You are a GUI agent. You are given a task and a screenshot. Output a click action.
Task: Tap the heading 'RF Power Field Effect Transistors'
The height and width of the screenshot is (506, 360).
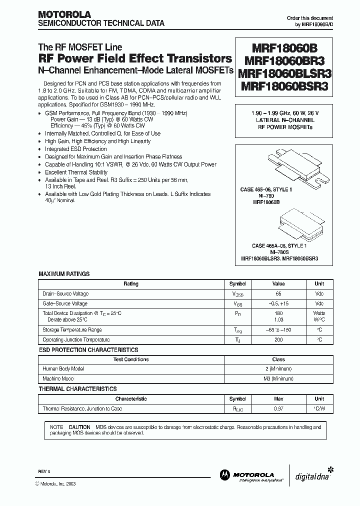tap(135, 58)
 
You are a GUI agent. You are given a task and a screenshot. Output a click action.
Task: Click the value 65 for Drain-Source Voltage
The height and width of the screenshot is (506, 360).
tap(278, 294)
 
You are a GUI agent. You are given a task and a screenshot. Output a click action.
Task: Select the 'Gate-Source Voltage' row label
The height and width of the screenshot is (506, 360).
tap(65, 303)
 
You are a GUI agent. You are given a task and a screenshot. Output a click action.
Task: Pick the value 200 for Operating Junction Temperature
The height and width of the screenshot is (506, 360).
tap(278, 339)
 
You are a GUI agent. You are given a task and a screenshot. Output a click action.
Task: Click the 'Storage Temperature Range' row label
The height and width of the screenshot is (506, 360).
tap(72, 330)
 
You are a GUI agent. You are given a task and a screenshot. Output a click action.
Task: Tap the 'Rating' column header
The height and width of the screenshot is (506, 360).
tap(131, 284)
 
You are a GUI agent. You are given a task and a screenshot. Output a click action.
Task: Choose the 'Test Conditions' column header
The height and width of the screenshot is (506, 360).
tap(131, 359)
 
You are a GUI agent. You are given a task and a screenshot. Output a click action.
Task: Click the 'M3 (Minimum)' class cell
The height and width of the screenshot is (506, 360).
tap(278, 379)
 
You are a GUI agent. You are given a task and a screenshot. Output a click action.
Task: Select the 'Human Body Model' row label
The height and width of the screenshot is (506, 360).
tap(63, 369)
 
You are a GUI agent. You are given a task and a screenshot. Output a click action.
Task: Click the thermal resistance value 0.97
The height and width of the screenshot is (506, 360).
tap(278, 408)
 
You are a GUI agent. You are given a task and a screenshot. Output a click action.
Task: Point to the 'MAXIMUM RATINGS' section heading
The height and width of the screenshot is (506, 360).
tap(64, 274)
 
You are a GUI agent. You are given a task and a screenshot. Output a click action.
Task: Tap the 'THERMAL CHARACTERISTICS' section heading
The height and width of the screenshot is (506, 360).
tap(77, 389)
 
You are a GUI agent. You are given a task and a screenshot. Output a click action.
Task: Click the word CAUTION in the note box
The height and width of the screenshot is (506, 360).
tap(79, 427)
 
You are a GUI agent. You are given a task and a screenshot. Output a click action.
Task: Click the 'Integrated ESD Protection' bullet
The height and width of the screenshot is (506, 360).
tap(75, 149)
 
